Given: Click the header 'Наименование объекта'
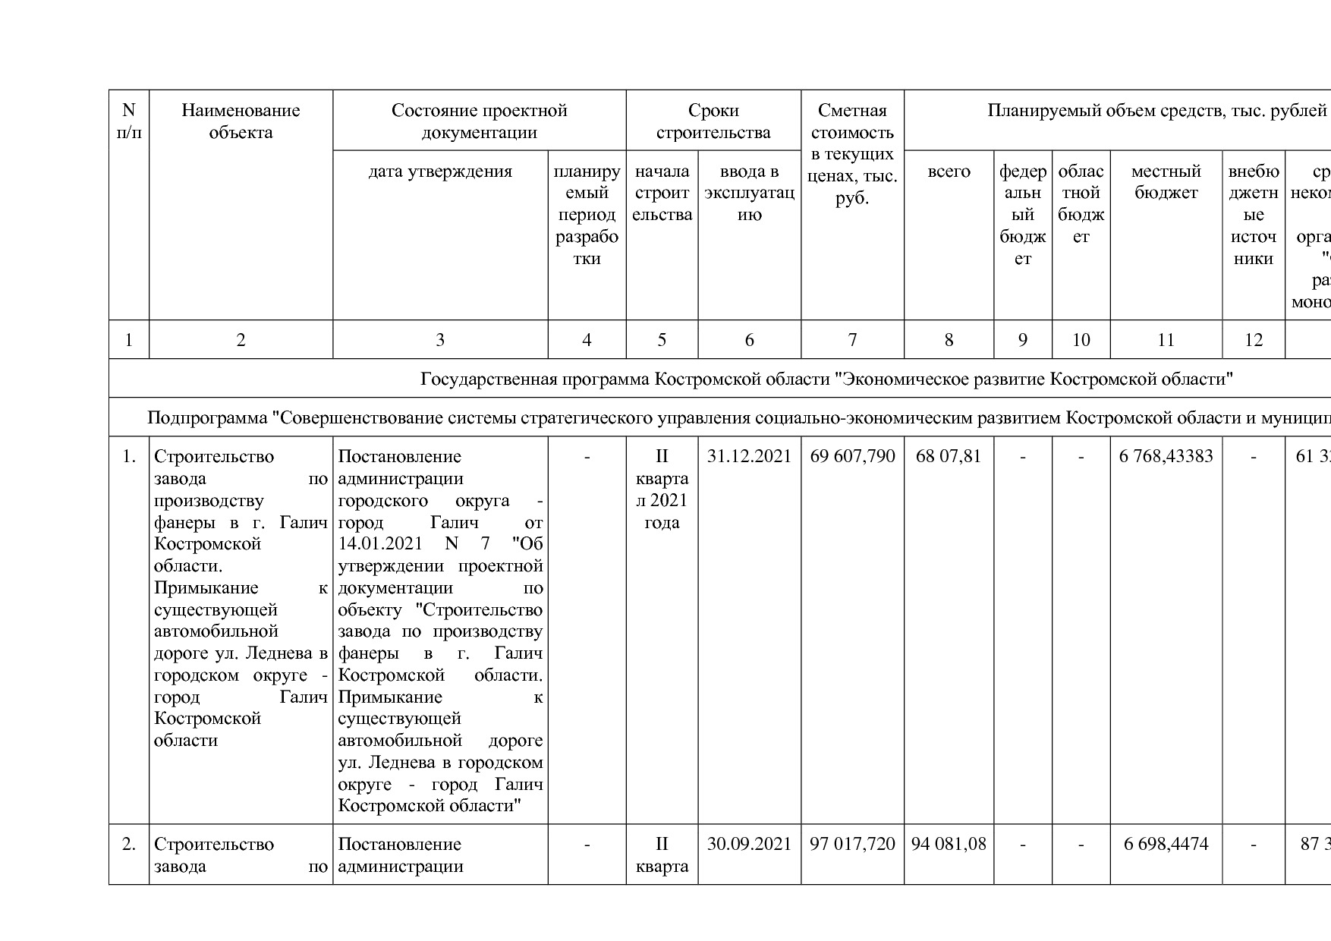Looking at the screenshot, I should click(241, 121).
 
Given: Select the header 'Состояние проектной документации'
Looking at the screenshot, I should click(479, 121).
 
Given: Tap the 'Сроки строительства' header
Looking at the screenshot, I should click(713, 121).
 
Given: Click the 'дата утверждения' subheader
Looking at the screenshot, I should click(440, 172).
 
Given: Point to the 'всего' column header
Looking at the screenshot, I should click(949, 172).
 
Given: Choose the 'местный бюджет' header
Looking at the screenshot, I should click(1166, 182).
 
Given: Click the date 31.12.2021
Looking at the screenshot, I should click(749, 456).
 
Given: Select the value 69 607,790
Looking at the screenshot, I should click(853, 456).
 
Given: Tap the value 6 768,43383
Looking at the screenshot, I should click(1166, 456).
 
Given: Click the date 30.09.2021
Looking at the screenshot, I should click(749, 844).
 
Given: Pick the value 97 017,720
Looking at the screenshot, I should click(853, 844).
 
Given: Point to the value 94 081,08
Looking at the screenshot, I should click(949, 844).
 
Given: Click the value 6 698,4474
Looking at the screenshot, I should click(1166, 844).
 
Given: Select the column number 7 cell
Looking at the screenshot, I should click(853, 340).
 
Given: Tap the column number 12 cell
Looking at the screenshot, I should click(1254, 340).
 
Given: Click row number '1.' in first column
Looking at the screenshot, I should click(129, 456).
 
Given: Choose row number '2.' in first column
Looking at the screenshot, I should click(129, 844).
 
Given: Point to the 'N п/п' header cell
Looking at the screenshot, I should click(129, 121).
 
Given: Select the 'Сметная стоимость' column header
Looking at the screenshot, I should click(853, 154).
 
